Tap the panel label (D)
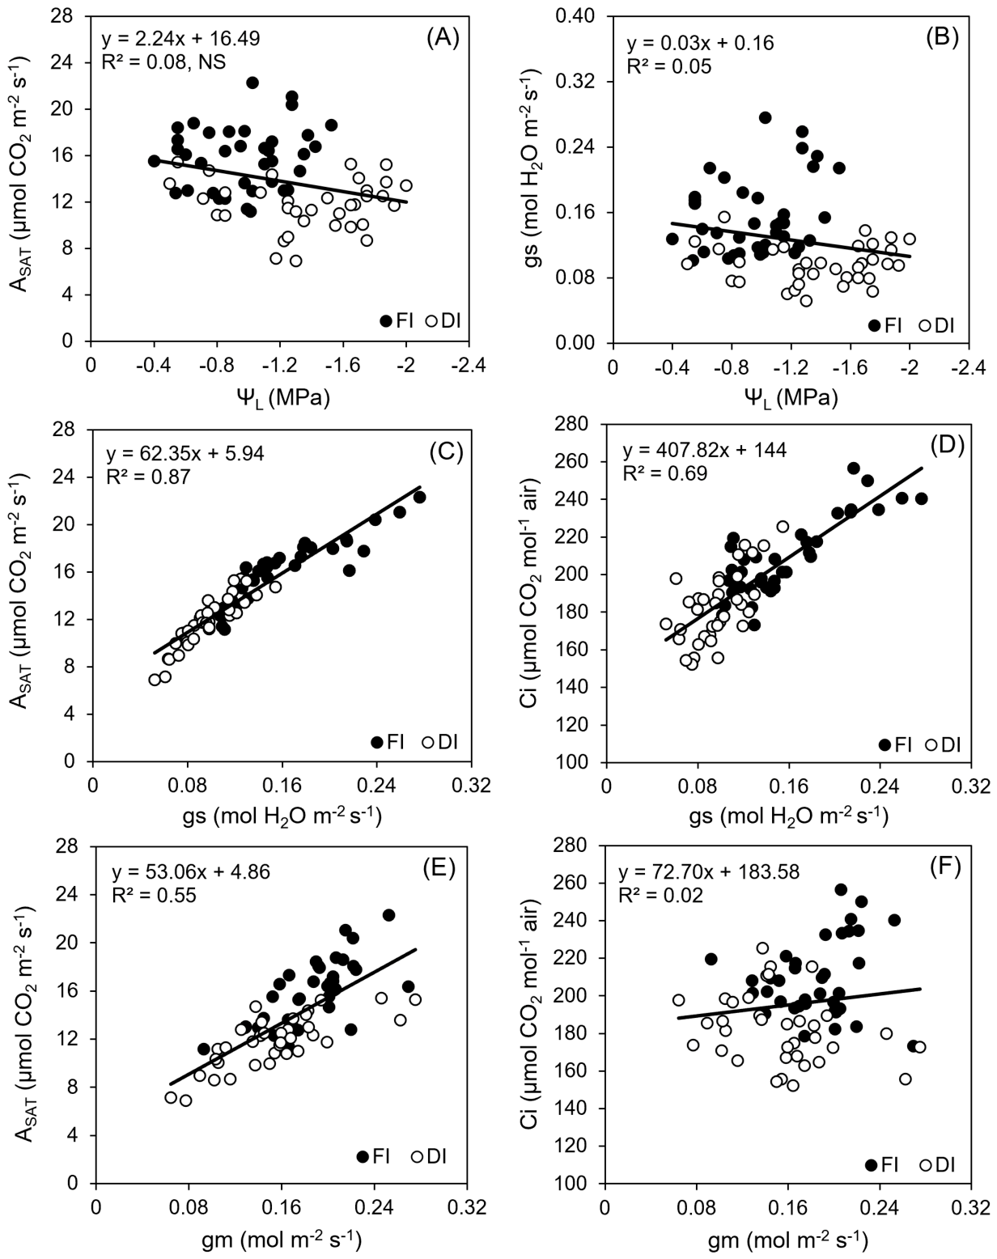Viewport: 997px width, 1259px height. pos(947,445)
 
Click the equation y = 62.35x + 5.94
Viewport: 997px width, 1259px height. pos(185,453)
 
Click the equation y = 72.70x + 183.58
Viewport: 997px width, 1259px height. pos(709,871)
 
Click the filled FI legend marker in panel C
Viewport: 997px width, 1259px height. pos(377,743)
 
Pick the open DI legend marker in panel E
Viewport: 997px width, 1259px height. pos(417,1156)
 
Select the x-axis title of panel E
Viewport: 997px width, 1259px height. pos(281,1238)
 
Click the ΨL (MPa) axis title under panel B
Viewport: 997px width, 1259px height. pos(790,398)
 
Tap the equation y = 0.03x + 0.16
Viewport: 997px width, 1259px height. pos(700,44)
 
